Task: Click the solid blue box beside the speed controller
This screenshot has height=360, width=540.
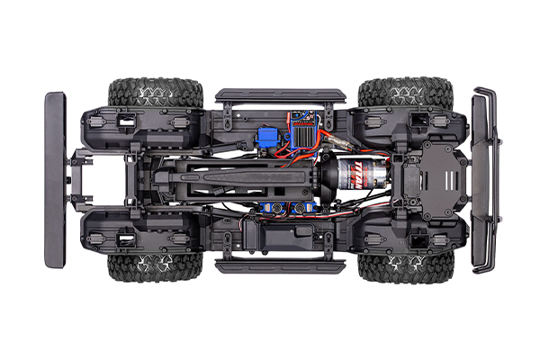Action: tap(266, 139)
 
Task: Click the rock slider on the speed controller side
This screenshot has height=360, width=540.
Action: tap(279, 94)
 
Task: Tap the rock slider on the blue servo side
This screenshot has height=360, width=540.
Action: tap(279, 266)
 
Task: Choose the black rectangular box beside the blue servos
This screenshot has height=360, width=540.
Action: tap(270, 236)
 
